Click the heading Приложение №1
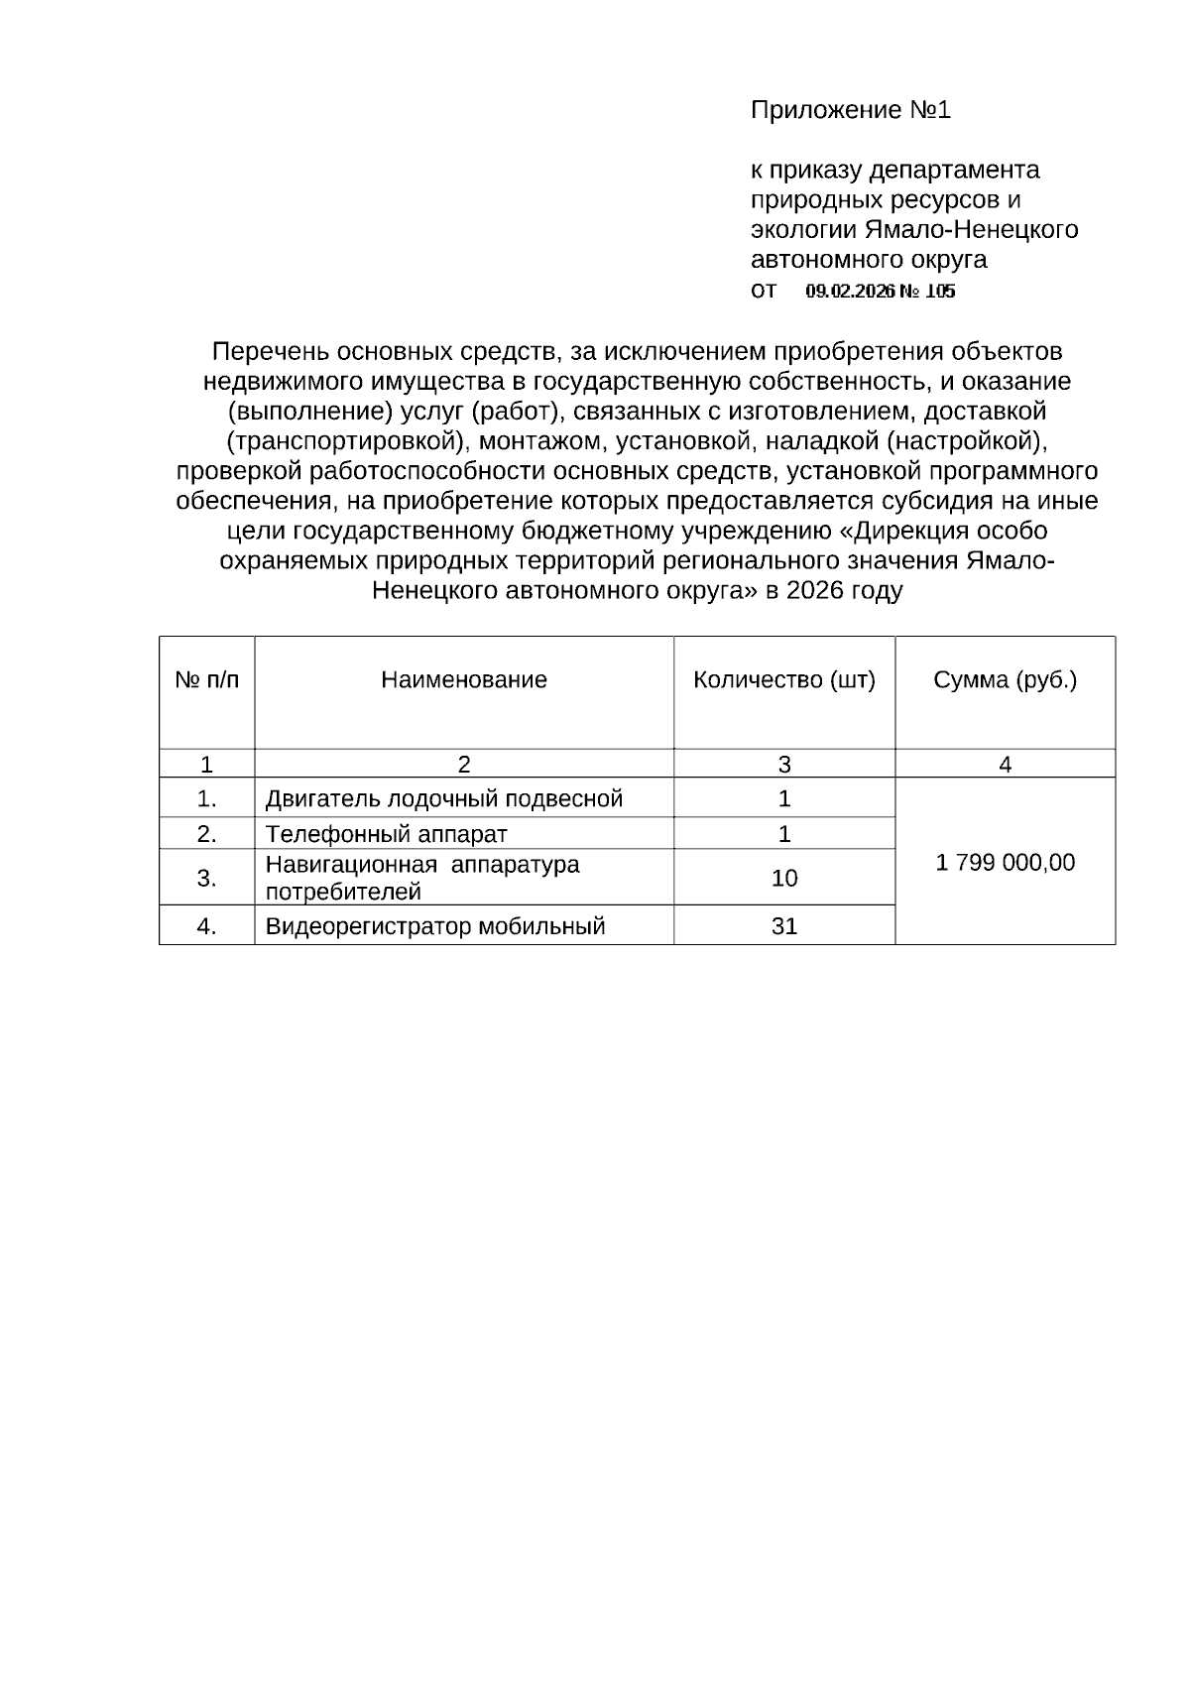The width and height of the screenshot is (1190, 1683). pos(850,110)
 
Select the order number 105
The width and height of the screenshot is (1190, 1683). pos(940,292)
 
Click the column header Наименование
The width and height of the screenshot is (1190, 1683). pos(463,680)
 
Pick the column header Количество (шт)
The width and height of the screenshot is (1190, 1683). pos(783,680)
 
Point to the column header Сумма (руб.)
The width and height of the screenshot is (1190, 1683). pos(1005,680)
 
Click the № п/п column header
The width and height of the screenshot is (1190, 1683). pos(206,680)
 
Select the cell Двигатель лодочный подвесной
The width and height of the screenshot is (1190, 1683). pos(443,799)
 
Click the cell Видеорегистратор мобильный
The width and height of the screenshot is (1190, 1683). pos(434,927)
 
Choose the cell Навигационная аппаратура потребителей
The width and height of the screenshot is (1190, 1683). pos(421,878)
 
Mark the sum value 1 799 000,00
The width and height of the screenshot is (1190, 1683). pos(1005,863)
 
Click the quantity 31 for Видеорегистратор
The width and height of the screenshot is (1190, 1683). pos(783,927)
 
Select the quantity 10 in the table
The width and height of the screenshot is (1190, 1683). pos(783,879)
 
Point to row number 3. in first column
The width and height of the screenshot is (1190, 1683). pos(206,879)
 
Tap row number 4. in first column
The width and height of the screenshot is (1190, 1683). pos(206,927)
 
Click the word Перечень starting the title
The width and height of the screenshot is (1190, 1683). pos(270,352)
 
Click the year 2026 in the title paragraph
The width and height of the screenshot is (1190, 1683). pos(815,592)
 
